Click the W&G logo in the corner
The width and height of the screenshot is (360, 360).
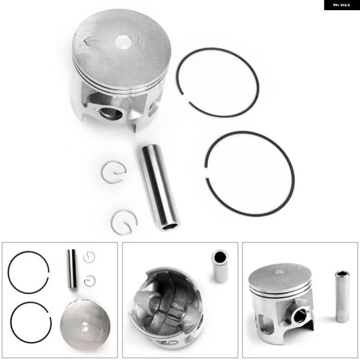[x=341, y=5]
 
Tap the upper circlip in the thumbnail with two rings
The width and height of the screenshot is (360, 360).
[x=89, y=257]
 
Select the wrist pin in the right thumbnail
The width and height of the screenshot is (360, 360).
[x=342, y=296]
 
